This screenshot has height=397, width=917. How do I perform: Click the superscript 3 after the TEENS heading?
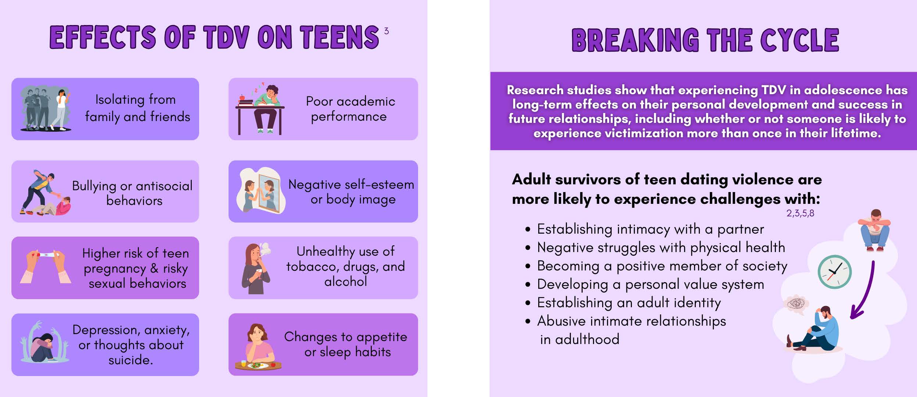click(386, 31)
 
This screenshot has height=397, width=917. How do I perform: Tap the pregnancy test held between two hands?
click(45, 254)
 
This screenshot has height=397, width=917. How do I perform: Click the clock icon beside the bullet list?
click(834, 272)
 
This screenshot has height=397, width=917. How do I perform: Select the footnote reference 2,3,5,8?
click(800, 213)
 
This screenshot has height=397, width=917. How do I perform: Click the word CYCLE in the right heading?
click(799, 40)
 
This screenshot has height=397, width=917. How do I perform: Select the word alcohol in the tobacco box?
click(345, 281)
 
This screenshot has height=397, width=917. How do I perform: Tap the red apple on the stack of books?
click(242, 98)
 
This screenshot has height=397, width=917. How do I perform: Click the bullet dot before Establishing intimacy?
click(528, 229)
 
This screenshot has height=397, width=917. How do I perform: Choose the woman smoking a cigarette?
click(256, 268)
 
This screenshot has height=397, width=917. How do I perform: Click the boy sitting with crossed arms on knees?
click(874, 230)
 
